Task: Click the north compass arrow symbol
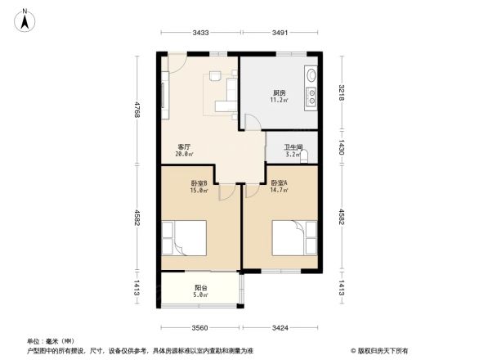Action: point(26,19)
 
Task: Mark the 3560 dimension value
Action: point(201,328)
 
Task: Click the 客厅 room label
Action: point(185,146)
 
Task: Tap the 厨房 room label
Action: point(279,92)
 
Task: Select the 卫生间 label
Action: point(293,147)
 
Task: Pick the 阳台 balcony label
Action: point(200,286)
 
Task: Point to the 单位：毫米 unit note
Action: point(51,340)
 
